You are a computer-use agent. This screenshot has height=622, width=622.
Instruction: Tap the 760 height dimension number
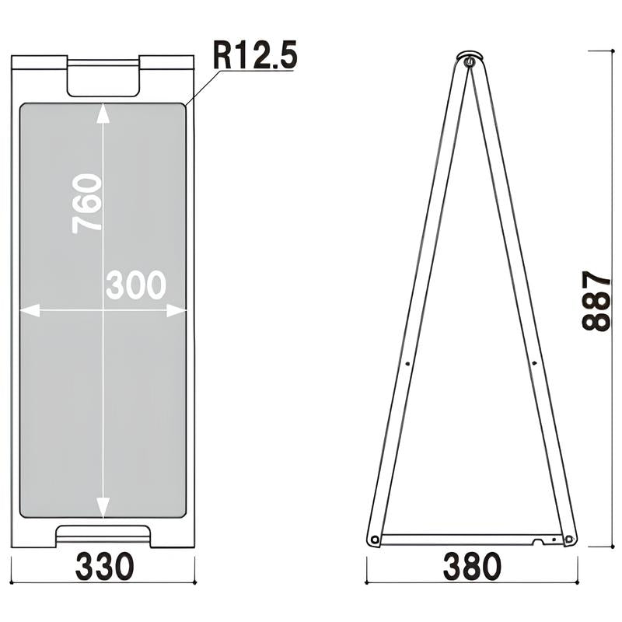pos(87,204)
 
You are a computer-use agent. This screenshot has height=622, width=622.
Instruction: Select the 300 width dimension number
pos(135,285)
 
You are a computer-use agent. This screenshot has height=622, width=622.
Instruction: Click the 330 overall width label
pos(104,567)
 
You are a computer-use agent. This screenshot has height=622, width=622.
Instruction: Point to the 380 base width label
pos(472,567)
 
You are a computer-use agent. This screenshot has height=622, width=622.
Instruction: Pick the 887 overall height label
pos(596,301)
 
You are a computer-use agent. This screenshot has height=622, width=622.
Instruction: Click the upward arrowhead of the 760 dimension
pos(103,113)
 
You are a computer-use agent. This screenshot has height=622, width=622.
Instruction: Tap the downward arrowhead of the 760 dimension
pos(103,508)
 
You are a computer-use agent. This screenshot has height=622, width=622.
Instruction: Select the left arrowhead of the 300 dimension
pos(30,310)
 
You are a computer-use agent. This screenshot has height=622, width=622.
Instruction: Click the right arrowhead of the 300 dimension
pos(176,310)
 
